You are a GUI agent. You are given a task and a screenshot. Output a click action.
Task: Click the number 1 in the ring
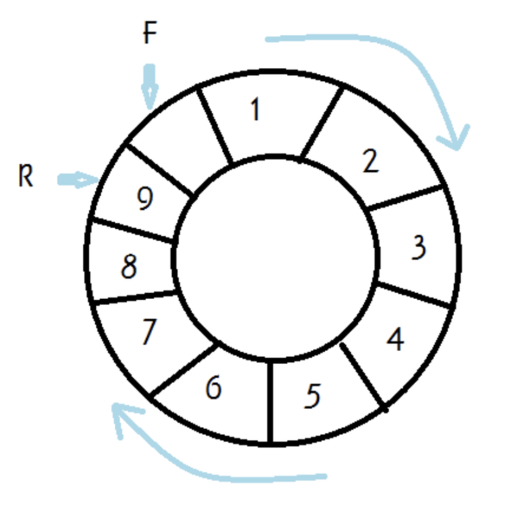254,110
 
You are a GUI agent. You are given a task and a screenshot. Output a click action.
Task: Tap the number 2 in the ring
371,161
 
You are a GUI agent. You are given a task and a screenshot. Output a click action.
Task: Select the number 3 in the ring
418,248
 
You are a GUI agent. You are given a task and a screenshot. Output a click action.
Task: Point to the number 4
395,340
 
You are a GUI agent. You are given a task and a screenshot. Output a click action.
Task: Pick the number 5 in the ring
313,395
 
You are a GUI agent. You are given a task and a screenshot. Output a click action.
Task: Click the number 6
213,388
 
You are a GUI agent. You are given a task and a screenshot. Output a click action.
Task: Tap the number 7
149,333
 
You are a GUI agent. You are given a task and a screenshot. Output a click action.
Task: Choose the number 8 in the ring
129,268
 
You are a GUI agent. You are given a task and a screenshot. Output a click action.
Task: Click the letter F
149,33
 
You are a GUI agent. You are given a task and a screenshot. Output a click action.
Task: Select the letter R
26,178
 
